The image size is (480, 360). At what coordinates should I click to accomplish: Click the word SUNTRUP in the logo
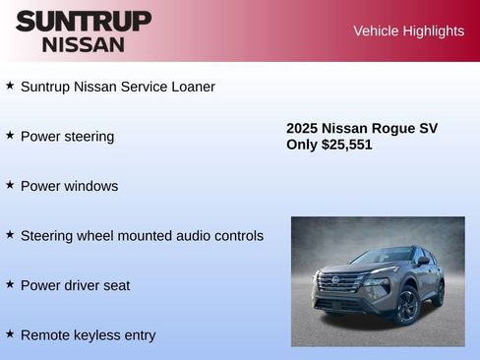click(x=84, y=21)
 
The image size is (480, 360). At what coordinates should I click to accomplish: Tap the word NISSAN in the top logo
click(x=84, y=44)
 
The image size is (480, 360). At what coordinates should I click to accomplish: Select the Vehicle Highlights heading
click(x=408, y=30)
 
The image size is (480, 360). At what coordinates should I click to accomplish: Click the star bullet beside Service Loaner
click(x=10, y=86)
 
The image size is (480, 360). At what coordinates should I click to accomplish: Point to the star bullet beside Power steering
click(x=10, y=135)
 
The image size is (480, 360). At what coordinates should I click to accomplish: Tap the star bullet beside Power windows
click(x=10, y=185)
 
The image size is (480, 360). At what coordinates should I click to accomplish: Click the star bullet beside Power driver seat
click(x=10, y=284)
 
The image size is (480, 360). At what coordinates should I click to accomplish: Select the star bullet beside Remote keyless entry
click(x=10, y=333)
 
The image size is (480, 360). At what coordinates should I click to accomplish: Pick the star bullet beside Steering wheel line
click(x=10, y=234)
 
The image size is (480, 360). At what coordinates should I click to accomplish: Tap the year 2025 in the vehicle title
click(x=302, y=128)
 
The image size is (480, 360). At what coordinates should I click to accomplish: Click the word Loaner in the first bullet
click(x=190, y=87)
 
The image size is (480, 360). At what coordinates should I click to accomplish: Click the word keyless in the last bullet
click(x=95, y=335)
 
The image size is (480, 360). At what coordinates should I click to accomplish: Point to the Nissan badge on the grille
click(x=335, y=280)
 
